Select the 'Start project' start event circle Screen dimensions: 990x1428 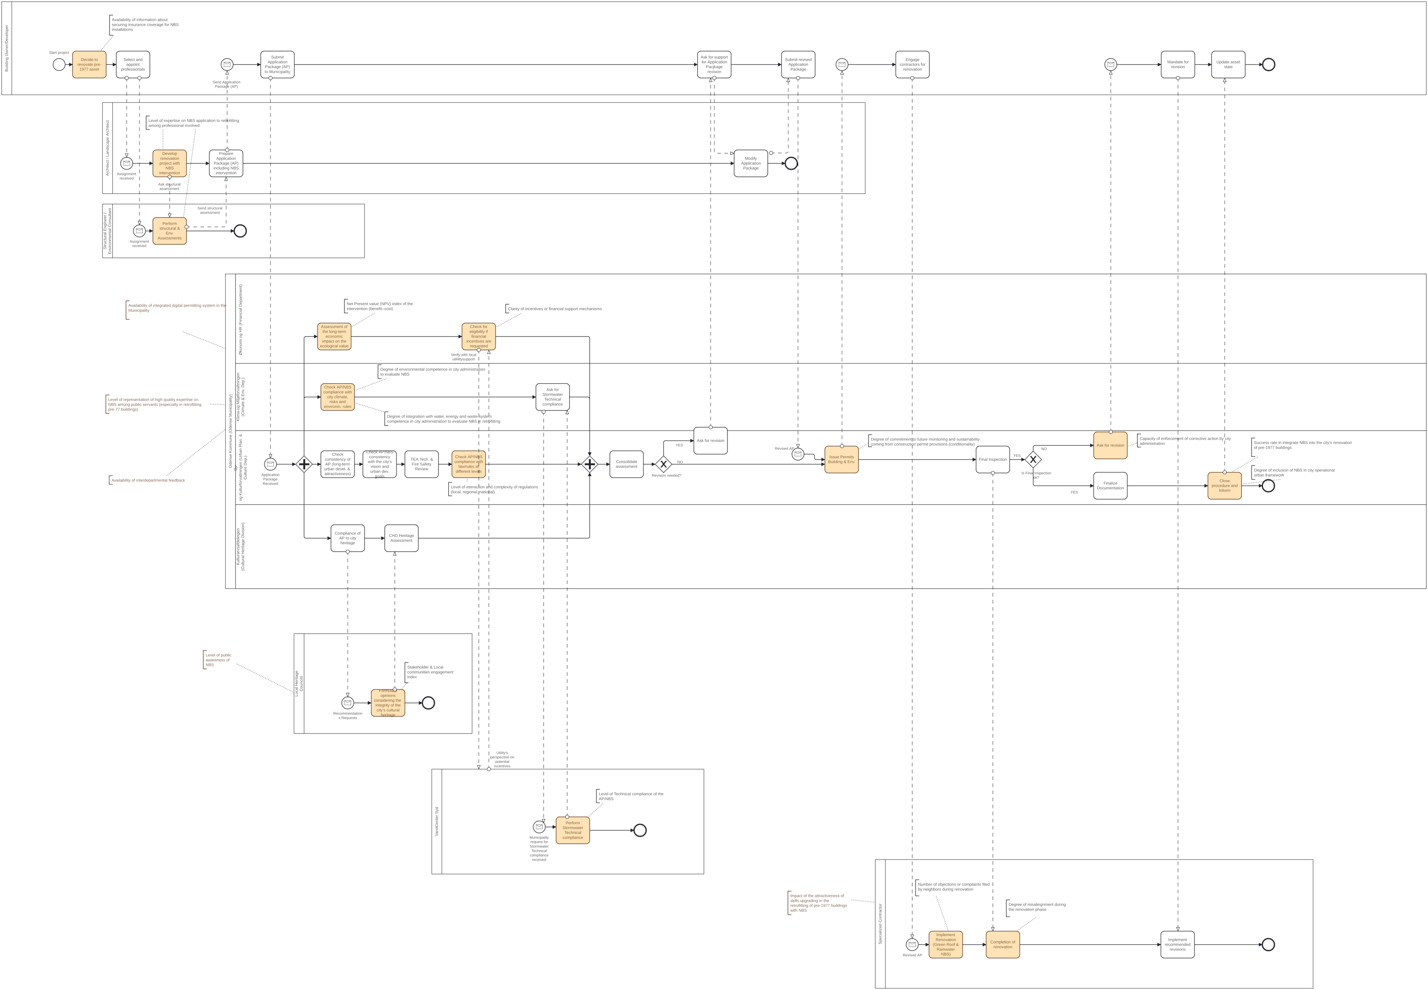point(59,65)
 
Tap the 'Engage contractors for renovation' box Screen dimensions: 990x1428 point(912,65)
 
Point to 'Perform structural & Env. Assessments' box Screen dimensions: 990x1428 point(169,231)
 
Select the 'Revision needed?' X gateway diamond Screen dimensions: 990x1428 point(664,464)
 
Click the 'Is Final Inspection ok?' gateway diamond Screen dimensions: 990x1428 point(1033,460)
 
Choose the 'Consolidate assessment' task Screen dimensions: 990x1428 point(626,464)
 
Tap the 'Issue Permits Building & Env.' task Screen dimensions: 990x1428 point(841,460)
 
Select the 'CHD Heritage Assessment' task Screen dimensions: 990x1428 point(401,538)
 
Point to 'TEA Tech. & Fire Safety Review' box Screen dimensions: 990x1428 point(422,464)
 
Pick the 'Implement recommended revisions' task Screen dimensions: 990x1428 point(1177,945)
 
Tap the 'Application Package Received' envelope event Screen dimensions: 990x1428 point(270,464)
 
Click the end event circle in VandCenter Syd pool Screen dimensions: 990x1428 point(640,830)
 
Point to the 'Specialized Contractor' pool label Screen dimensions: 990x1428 point(880,924)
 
